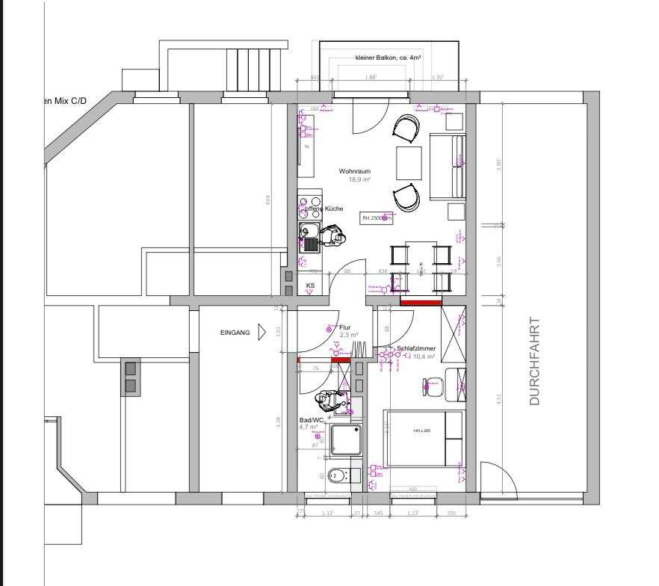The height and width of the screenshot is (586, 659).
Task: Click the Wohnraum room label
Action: point(354,171)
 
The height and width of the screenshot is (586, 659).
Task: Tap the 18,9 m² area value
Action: point(359,179)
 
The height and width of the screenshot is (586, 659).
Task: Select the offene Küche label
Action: point(324,209)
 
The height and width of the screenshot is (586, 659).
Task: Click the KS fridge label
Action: point(310,286)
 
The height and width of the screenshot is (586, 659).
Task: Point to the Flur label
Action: point(344,327)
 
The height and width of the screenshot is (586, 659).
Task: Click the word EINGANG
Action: point(235,333)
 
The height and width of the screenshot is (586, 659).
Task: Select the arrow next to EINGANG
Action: point(262,333)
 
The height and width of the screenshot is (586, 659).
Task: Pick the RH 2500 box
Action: point(377,218)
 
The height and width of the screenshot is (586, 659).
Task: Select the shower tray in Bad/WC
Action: point(346,439)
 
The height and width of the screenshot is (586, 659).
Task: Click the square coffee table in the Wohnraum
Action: point(409,163)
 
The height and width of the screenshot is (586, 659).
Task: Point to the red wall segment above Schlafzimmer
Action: point(421,302)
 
